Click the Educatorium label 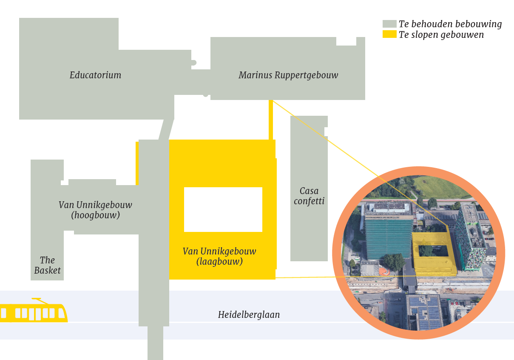pos(95,75)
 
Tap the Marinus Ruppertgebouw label pos(288,75)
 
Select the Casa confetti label pos(309,196)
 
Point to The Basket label pos(47,265)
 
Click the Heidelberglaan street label pos(249,315)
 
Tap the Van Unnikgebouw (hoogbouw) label pos(95,210)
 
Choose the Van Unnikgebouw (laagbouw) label pos(219,256)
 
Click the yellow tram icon pos(33,312)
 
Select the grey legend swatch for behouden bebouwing pos(389,24)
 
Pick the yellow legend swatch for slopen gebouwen pos(389,34)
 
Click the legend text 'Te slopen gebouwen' pos(441,35)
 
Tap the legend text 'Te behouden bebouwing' pos(450,24)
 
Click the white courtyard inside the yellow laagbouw pos(223,209)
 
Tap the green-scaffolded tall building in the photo pos(388,236)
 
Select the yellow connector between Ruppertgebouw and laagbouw pos(270,120)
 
